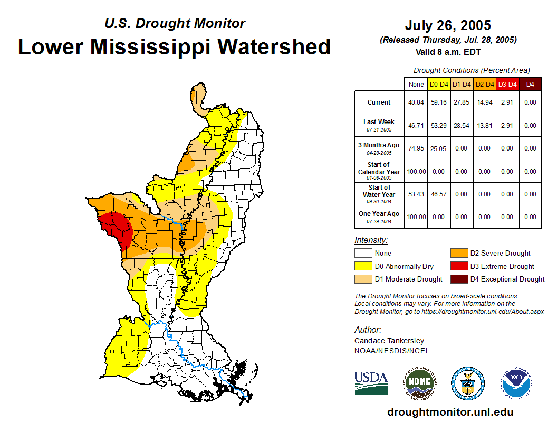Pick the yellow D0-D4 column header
[439, 84]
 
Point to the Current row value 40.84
[416, 102]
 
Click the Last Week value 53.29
[439, 126]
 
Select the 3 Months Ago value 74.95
[416, 148]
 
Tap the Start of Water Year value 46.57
[439, 194]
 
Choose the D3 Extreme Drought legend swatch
[457, 266]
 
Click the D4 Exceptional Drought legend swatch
[457, 279]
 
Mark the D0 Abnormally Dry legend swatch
[362, 266]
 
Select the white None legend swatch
[362, 254]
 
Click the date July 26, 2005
[448, 25]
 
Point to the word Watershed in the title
[274, 47]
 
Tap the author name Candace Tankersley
[389, 341]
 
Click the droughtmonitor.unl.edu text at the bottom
[450, 412]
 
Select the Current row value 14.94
[484, 102]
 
